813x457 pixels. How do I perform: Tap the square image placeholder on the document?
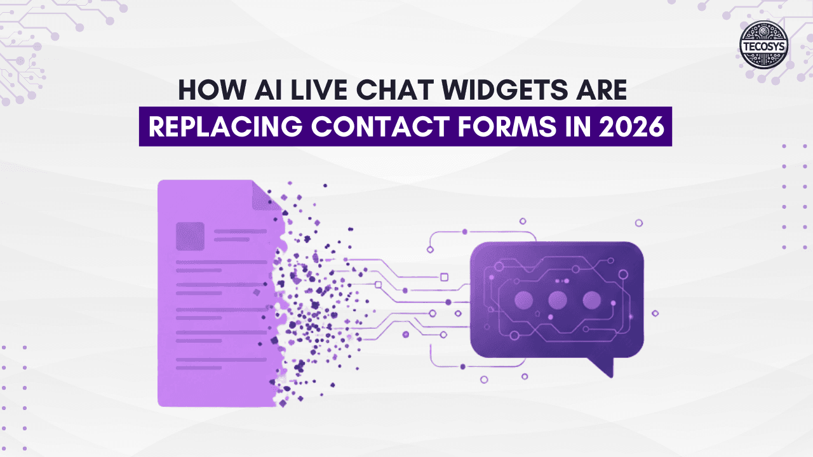click(190, 235)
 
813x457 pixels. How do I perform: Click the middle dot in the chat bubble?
click(557, 300)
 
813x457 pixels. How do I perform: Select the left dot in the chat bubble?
click(523, 300)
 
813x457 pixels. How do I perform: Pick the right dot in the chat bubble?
click(591, 300)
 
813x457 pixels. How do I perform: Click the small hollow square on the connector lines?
click(444, 276)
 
